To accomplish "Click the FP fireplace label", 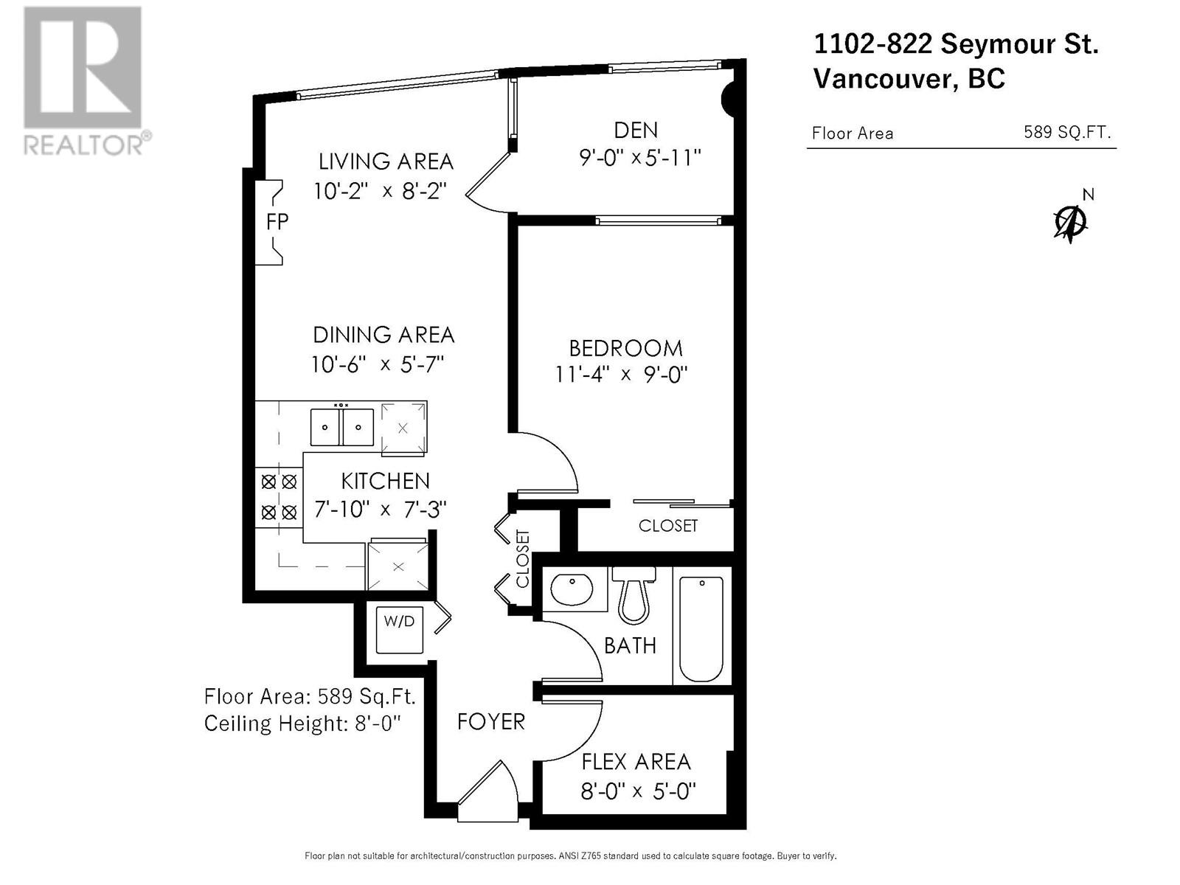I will pos(277,221).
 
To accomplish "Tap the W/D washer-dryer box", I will pos(399,629).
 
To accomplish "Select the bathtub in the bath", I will pos(701,629).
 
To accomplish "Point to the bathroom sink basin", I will pos(572,590).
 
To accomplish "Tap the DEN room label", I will pos(636,131).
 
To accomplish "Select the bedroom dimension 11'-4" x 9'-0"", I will pos(621,375).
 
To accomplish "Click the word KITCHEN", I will pos(385,482).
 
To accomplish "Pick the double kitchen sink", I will pos(341,426).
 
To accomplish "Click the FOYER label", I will pos(490,721).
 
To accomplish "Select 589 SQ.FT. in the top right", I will pos(1066,133).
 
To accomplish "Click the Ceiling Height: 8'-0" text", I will pos(302,723).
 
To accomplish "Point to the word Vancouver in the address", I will pos(881,79).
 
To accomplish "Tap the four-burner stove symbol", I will pos(279,497).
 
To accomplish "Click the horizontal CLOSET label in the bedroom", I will pos(667,526).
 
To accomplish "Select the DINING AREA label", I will pos(383,335).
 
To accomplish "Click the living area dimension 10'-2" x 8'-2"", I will pos(381,192).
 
